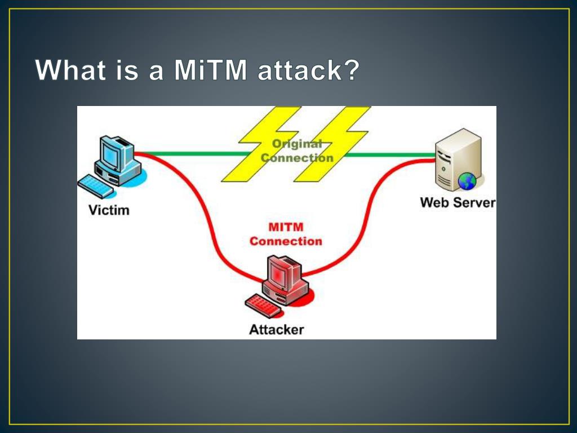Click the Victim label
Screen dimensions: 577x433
109,210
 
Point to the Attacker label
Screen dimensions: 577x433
276,329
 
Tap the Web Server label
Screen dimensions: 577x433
458,202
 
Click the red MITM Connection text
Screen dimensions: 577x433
286,234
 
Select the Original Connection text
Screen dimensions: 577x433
297,151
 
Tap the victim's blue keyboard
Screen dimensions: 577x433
96,186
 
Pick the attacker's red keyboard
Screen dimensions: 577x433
263,306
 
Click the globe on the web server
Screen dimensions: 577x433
467,181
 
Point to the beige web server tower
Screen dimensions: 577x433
458,159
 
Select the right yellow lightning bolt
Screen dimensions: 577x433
331,144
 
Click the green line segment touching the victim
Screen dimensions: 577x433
192,154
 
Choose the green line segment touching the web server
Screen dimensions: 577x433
390,155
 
